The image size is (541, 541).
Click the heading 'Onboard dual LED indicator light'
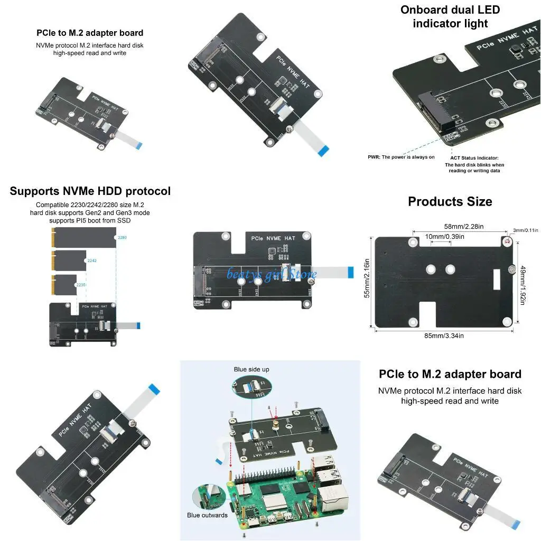tap(450, 16)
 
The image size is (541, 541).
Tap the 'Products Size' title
tap(450, 201)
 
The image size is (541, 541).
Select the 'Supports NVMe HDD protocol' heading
tap(90, 191)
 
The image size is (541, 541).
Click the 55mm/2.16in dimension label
tap(367, 278)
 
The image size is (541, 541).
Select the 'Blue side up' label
tap(251, 369)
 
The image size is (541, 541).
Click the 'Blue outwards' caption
tap(207, 515)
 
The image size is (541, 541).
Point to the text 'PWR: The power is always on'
tap(401, 157)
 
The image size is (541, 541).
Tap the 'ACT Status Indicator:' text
tap(474, 157)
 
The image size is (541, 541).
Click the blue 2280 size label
tap(122, 238)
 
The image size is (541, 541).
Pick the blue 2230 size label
tap(80, 284)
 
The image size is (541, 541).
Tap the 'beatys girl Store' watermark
tap(272, 274)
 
